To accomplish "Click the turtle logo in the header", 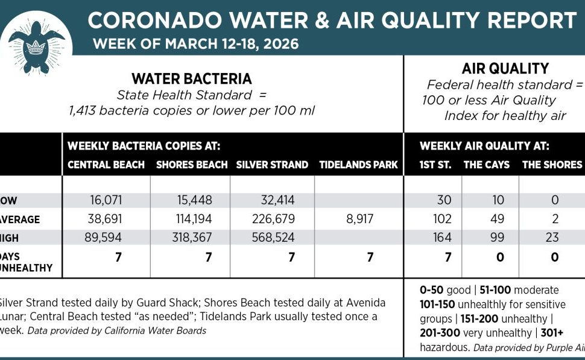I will coord(37,37).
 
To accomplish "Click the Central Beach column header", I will coord(106,165).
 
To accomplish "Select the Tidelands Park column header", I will coord(358,165).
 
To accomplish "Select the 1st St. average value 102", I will coord(442,219).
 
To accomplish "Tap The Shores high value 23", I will coord(552,238).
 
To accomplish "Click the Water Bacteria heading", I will coord(192,79).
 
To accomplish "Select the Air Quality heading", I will coord(505,69).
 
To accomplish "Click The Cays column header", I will coord(486,165).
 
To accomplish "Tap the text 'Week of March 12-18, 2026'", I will coord(195,44).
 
